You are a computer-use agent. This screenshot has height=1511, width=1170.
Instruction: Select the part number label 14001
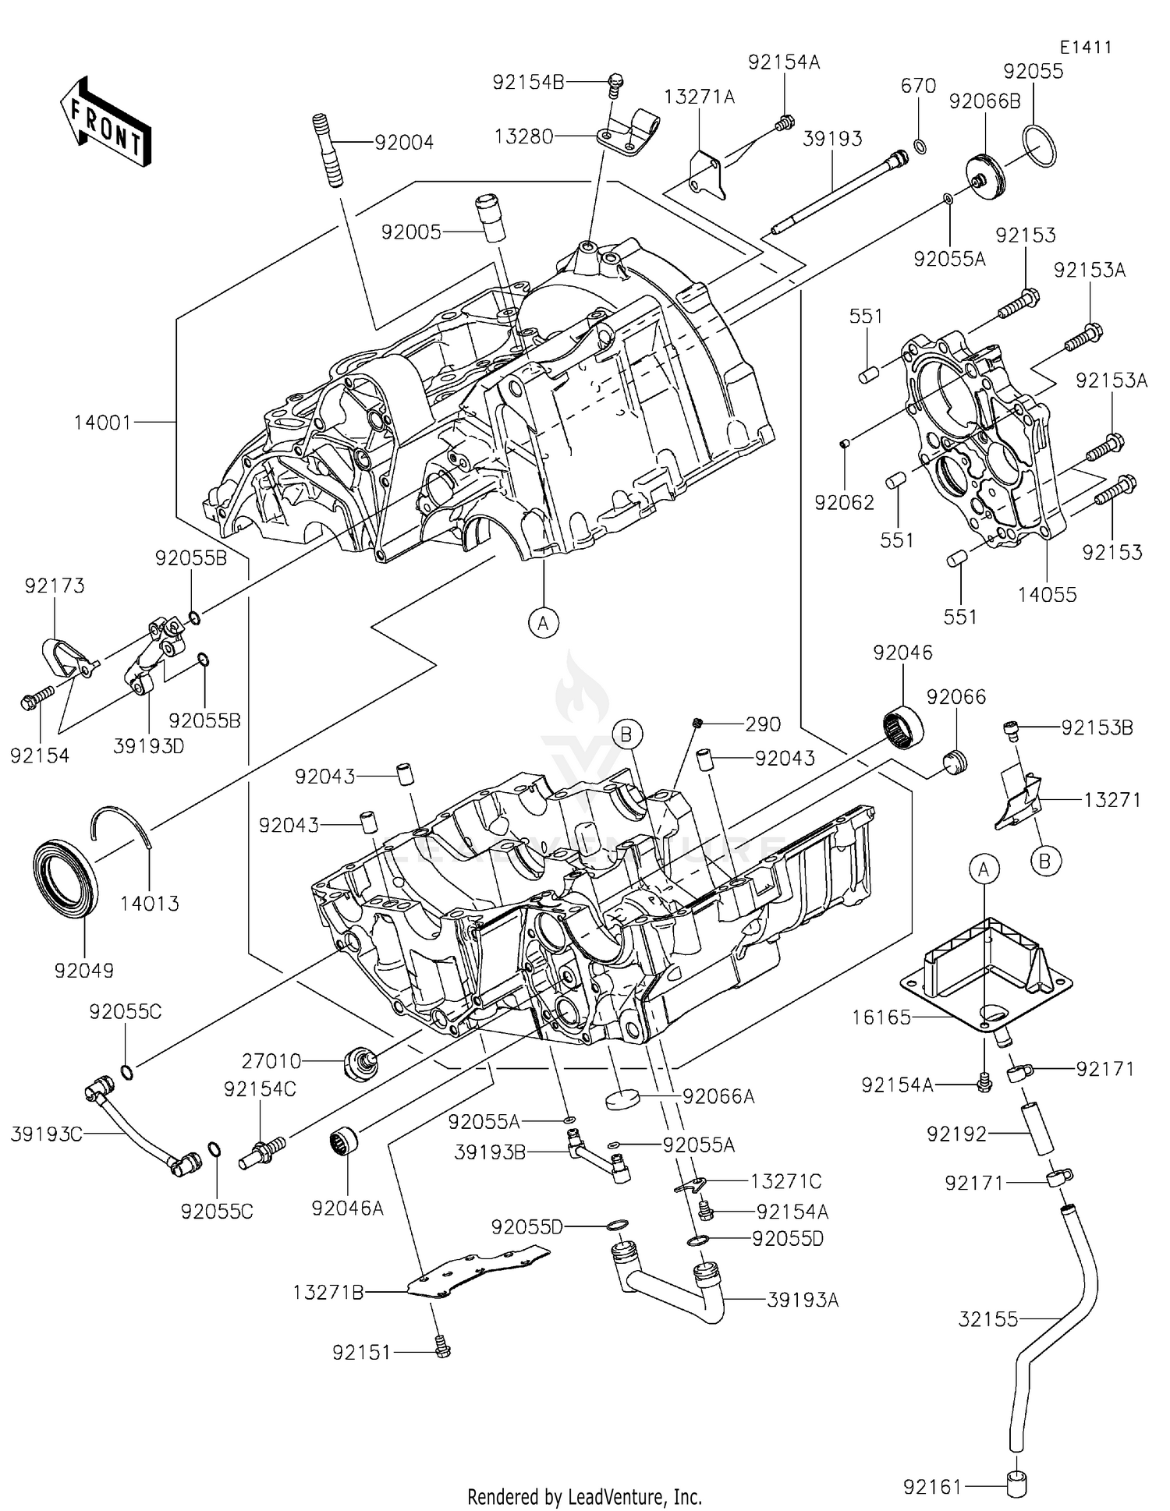[103, 423]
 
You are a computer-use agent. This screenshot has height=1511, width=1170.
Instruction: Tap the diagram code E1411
[1085, 47]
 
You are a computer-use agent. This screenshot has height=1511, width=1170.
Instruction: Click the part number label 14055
[1047, 595]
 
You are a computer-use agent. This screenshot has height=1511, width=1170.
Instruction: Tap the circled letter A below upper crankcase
[544, 622]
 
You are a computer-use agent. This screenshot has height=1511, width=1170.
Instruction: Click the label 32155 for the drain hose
[988, 1319]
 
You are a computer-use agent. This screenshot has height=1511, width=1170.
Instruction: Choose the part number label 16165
[881, 1017]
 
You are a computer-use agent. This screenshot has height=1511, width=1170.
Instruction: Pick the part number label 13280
[523, 136]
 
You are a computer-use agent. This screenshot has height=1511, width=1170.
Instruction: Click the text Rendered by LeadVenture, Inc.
[584, 1496]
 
